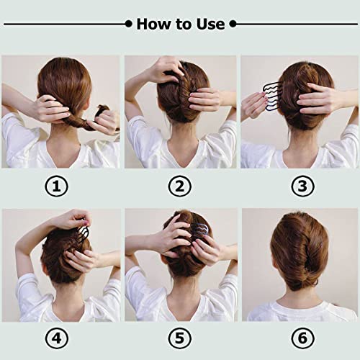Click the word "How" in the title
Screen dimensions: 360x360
click(x=152, y=24)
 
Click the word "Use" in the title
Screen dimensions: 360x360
click(x=210, y=24)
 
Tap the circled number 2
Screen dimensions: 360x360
click(x=180, y=186)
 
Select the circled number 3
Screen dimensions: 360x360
click(x=300, y=186)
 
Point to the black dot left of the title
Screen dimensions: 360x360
click(x=130, y=24)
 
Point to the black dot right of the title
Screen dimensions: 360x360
click(x=233, y=24)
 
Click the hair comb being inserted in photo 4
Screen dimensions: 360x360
click(x=81, y=233)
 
